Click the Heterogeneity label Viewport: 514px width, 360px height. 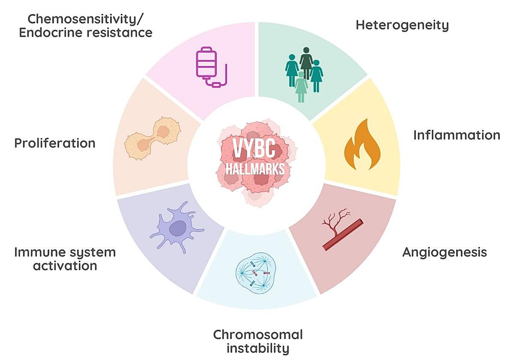(402, 25)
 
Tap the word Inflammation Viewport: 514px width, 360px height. (456, 135)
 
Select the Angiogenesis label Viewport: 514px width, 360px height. (444, 252)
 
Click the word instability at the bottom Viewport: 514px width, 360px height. (257, 348)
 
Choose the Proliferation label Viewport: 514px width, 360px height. (55, 143)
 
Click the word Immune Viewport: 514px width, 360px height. (34, 252)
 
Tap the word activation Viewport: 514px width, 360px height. (65, 266)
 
